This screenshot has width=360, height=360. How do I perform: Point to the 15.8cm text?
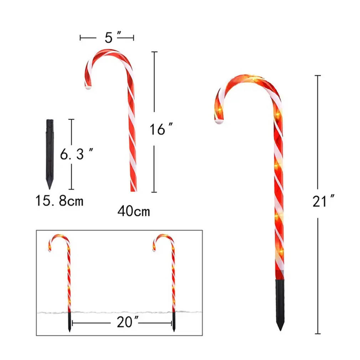(59, 201)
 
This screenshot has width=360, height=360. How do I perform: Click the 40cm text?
(134, 211)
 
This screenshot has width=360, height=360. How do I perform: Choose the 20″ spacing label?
(128, 323)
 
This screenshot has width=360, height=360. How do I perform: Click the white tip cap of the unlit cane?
(88, 86)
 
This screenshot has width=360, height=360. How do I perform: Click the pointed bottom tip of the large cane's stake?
(280, 329)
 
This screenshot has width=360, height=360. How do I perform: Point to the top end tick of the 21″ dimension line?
(318, 76)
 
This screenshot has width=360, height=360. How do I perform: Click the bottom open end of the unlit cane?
(133, 190)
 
